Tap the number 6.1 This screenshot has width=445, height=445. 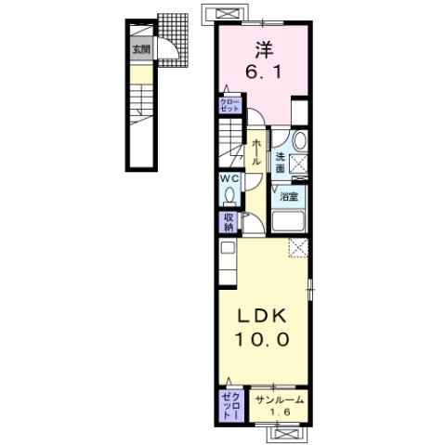(x=264, y=70)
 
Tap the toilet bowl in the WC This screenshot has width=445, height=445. (x=229, y=196)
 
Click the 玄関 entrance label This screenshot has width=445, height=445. (x=139, y=49)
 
